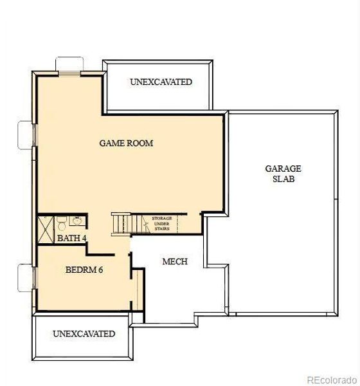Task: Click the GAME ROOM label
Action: [126, 143]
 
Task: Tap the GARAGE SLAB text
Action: [283, 174]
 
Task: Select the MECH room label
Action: [175, 262]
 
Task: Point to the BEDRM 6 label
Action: [84, 270]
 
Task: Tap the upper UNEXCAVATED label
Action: [161, 82]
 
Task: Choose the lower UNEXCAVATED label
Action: [84, 334]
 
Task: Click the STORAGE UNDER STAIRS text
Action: [161, 223]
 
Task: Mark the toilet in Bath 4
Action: [60, 225]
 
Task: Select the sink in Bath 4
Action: [76, 222]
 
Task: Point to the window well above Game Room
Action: [68, 66]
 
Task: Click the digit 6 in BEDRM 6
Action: [101, 270]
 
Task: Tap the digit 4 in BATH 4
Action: [84, 239]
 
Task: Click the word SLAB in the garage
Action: [283, 179]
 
